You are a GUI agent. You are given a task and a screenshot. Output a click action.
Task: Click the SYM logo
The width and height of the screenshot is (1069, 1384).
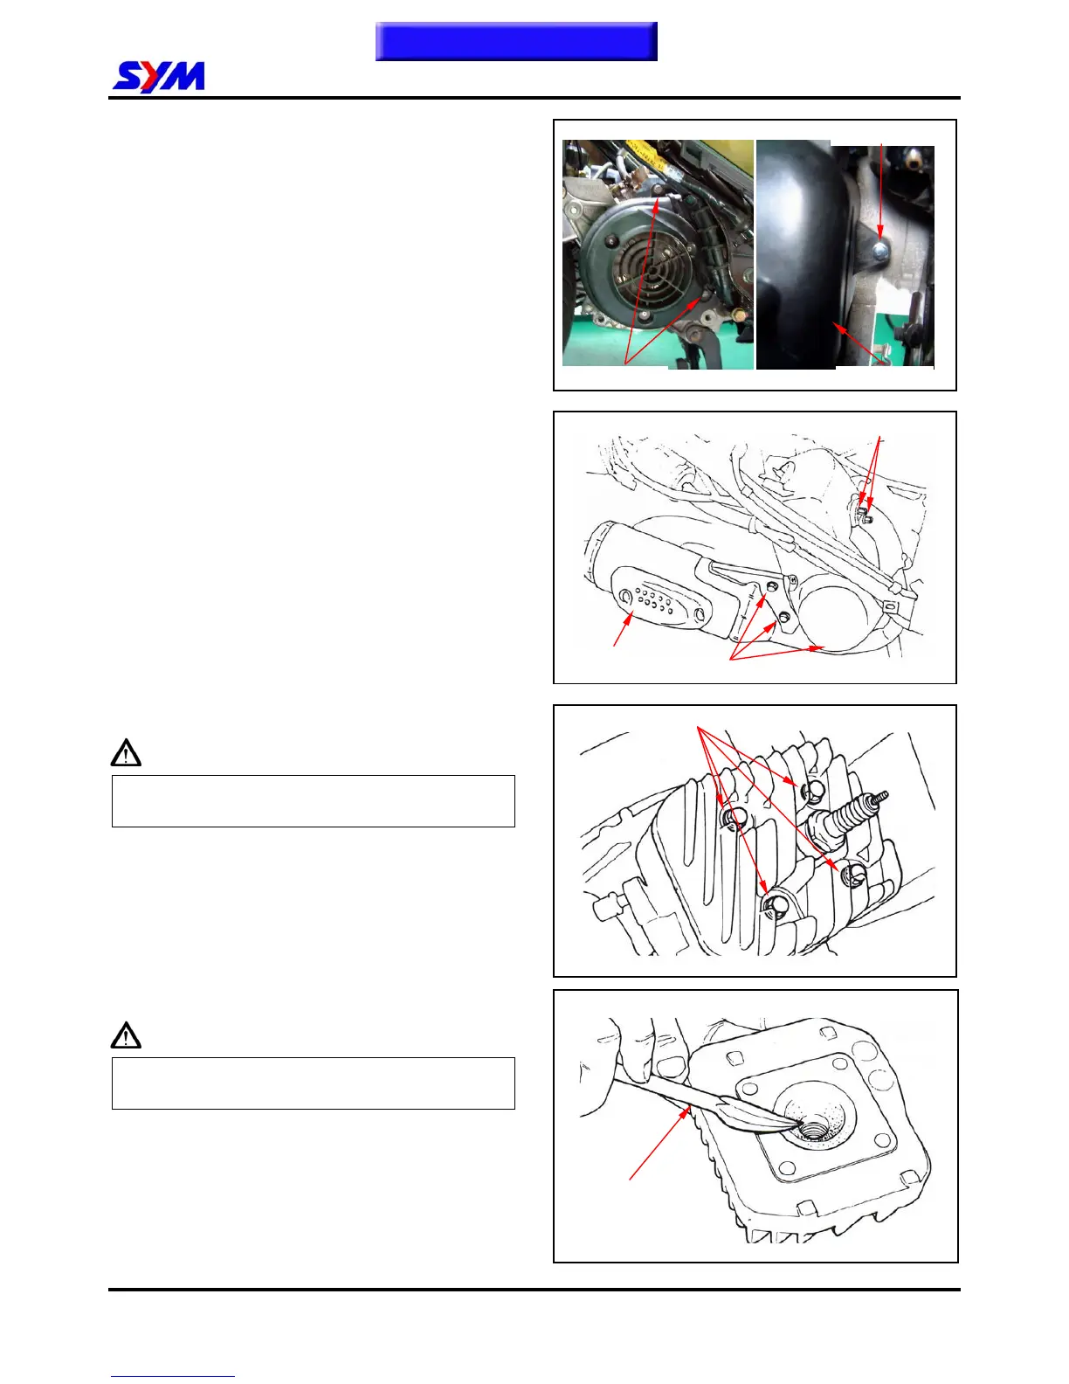coord(159,77)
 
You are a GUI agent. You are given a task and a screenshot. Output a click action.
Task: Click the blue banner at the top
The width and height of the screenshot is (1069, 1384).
coord(516,41)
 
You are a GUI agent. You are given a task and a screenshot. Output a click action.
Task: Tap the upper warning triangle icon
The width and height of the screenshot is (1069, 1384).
coord(126,753)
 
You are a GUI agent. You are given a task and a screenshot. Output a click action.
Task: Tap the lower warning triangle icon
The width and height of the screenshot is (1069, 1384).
coord(126,1035)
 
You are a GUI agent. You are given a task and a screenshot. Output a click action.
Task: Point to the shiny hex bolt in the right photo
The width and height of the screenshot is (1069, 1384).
coord(879,249)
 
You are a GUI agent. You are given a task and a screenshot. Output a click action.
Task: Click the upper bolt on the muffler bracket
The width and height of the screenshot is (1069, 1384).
coord(772,586)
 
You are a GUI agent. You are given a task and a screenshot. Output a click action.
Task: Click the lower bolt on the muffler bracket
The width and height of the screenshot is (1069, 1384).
coord(783,617)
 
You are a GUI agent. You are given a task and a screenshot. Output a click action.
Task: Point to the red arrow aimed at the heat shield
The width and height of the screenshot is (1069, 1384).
coord(623,628)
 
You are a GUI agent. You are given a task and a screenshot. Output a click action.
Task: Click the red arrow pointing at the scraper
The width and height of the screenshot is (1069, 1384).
coord(660,1143)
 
